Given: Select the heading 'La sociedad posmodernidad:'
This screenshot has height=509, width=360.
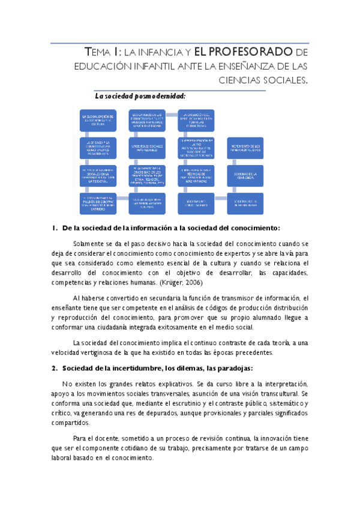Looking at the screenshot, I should click(x=140, y=95).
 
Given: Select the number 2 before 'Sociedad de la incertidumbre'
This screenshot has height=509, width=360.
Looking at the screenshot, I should click(x=55, y=367).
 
